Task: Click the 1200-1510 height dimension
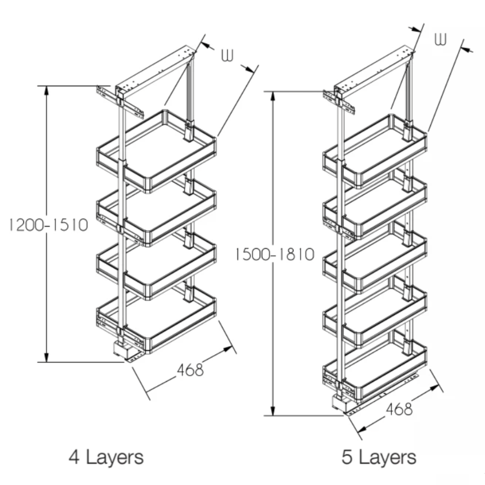[x=48, y=225]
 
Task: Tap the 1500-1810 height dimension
[x=275, y=255]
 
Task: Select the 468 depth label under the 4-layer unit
[x=190, y=369]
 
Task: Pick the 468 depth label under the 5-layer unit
[x=399, y=409]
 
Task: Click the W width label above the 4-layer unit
[x=227, y=55]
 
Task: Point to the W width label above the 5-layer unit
[x=440, y=39]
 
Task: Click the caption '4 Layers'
[x=106, y=457]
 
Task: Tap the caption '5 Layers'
[x=379, y=457]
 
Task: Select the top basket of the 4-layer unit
[x=157, y=151]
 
